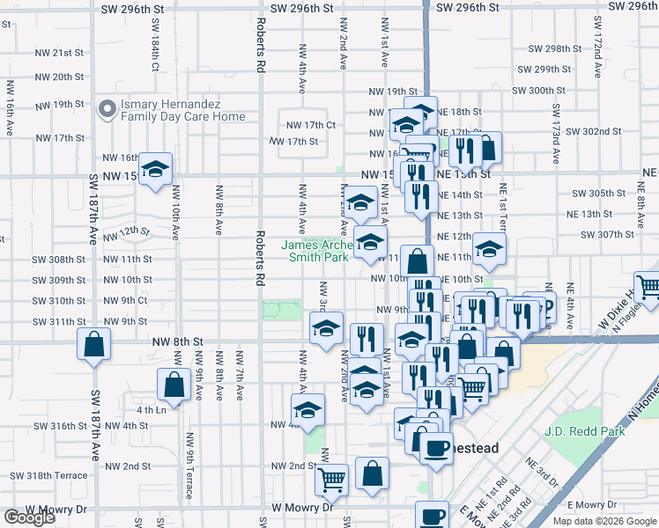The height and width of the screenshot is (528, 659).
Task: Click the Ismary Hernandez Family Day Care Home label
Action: pos(182,110)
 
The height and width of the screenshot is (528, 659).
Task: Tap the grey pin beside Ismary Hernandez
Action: pos(107,110)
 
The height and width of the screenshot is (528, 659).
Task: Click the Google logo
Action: pos(28,517)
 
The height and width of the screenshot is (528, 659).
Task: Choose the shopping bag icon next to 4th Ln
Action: pos(174,385)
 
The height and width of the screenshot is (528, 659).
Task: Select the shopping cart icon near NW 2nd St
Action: pos(331,480)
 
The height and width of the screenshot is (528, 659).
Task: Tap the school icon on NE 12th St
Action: pos(489,249)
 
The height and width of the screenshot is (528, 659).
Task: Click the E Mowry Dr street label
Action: pos(593,504)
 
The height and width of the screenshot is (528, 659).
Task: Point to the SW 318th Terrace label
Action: pos(48,475)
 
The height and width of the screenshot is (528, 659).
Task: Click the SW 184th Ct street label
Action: pos(154,55)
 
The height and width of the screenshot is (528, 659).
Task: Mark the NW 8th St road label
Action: pos(177,341)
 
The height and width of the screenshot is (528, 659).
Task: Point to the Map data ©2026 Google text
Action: pos(603,521)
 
